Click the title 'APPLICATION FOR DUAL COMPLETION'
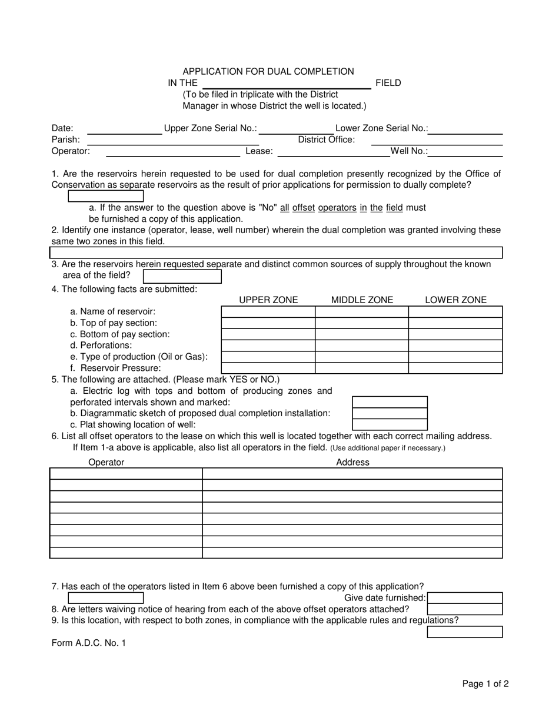[x=268, y=71]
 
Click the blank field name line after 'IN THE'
[x=287, y=84]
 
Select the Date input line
[x=124, y=129]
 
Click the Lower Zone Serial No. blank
[x=468, y=129]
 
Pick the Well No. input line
[x=468, y=152]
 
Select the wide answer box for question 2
[x=276, y=253]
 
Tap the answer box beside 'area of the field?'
[x=182, y=276]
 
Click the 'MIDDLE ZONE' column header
[x=362, y=300]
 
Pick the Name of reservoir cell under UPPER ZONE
[x=268, y=312]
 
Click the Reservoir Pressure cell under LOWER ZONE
[x=455, y=368]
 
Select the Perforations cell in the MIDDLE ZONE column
[x=362, y=346]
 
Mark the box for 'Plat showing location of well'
[x=390, y=424]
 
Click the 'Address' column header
[x=352, y=462]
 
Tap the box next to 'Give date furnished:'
[x=465, y=598]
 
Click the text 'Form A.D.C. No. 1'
[x=88, y=643]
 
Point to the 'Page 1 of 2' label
[x=485, y=683]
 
